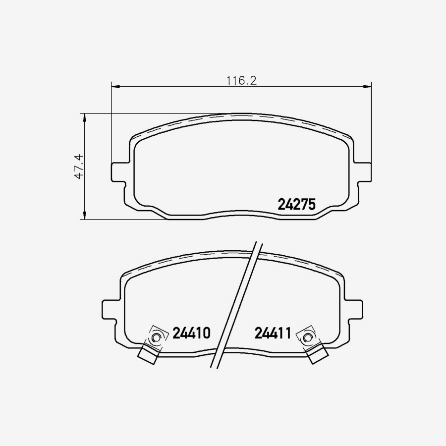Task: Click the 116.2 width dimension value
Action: click(x=241, y=80)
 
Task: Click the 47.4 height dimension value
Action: click(x=78, y=167)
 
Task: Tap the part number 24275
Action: click(x=296, y=204)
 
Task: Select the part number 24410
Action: click(x=192, y=333)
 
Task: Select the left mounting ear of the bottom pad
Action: click(x=109, y=310)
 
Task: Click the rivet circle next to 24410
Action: click(x=156, y=338)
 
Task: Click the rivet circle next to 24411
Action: click(x=307, y=338)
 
